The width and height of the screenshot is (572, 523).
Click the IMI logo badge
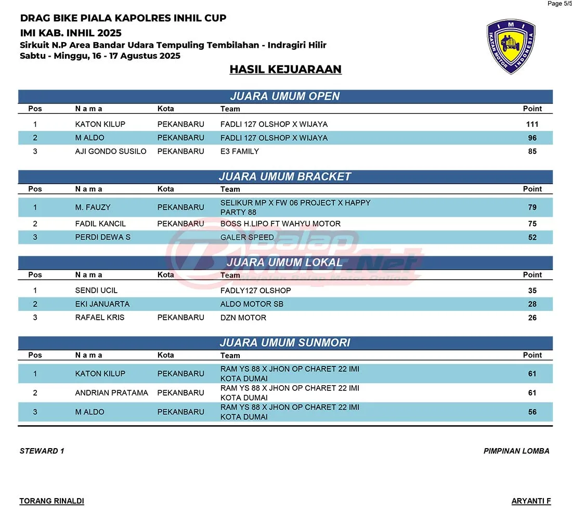click(x=511, y=46)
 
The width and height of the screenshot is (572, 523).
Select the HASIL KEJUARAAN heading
click(x=285, y=69)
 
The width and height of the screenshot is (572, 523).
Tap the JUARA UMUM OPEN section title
click(x=285, y=96)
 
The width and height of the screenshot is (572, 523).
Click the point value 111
click(x=532, y=124)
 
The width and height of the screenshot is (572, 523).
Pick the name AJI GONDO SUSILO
click(x=111, y=151)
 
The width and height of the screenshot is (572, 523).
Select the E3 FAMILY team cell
click(x=240, y=151)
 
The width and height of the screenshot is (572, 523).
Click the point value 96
click(x=532, y=138)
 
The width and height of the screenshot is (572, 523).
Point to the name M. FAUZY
click(x=93, y=207)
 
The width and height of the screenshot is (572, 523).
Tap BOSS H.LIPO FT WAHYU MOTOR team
click(x=280, y=224)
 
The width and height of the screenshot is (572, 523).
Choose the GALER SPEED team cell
click(x=247, y=237)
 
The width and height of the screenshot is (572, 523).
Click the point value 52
click(x=532, y=237)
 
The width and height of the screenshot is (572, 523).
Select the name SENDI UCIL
click(x=96, y=290)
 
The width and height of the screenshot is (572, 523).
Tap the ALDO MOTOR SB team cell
click(x=252, y=304)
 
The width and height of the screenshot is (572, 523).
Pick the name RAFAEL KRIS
click(x=100, y=317)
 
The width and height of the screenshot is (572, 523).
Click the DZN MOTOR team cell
click(x=243, y=317)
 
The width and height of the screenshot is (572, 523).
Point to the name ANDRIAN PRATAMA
click(x=112, y=393)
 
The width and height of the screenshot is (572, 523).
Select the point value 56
click(x=532, y=412)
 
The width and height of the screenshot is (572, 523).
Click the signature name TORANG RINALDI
click(x=52, y=501)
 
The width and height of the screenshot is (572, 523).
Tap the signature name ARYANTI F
click(x=531, y=501)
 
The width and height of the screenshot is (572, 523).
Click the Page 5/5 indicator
click(x=559, y=4)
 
